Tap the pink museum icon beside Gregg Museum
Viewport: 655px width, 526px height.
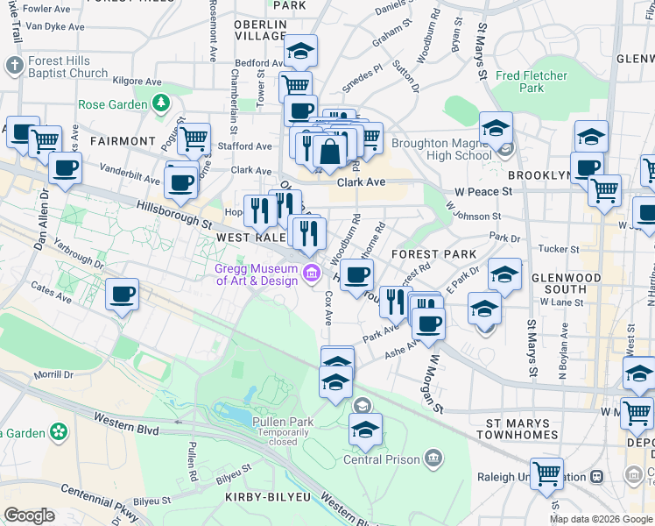tap(310, 274)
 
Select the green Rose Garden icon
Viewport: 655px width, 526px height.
tap(160, 104)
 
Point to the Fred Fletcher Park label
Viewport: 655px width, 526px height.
tap(532, 82)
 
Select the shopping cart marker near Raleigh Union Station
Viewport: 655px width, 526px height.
tap(547, 473)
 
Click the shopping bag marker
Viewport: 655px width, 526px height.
tap(330, 151)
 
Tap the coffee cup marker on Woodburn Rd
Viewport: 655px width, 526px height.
tap(356, 274)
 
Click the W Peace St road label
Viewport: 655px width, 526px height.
tap(482, 191)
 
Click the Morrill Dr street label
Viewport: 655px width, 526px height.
tap(53, 374)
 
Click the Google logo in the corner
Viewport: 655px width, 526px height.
tap(29, 515)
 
